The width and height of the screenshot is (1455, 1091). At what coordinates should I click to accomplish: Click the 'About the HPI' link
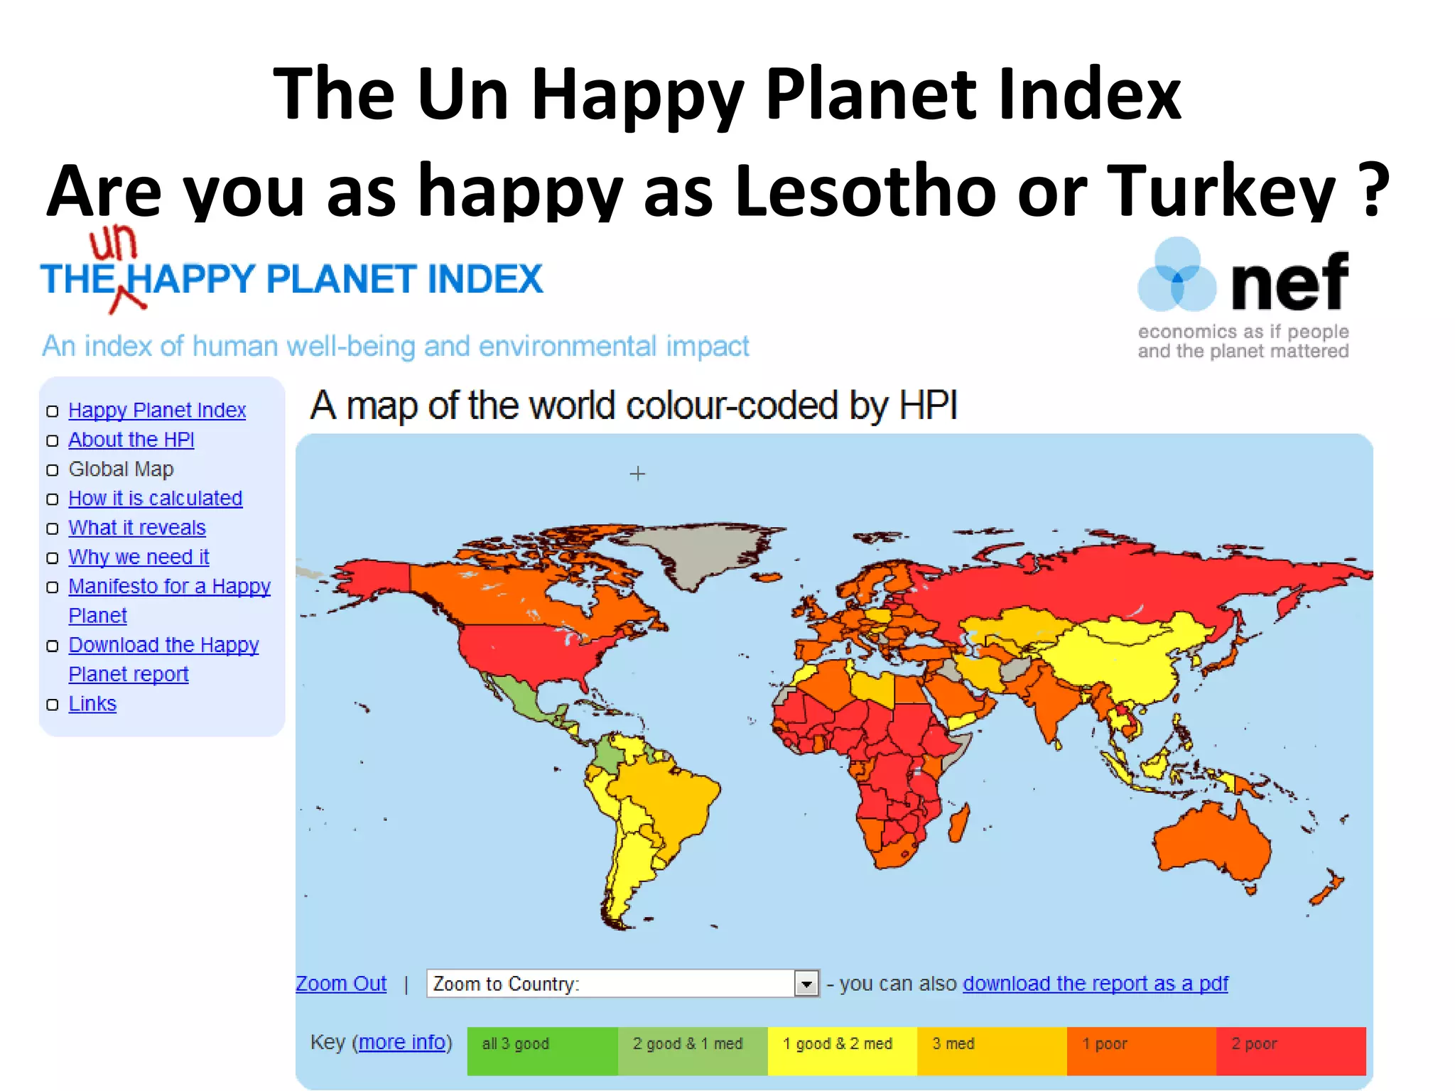(131, 440)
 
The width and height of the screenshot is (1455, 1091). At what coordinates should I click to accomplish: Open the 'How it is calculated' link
(155, 499)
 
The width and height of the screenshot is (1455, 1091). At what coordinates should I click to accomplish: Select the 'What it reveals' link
(136, 528)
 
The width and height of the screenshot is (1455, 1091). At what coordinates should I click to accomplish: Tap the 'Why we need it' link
(139, 557)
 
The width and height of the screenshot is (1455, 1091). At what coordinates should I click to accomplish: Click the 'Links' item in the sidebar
(92, 704)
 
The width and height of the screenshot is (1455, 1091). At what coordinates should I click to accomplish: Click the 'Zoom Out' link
(341, 984)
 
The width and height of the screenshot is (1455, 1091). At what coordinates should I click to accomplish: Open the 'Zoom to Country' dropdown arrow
(806, 984)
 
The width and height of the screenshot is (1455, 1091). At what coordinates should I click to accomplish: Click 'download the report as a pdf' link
(1095, 984)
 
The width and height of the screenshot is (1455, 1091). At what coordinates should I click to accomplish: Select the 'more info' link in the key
(402, 1042)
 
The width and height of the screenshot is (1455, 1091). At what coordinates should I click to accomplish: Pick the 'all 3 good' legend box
(542, 1051)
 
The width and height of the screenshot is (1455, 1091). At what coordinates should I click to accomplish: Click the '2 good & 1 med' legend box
(692, 1051)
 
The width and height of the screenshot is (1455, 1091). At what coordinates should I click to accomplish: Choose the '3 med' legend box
(991, 1051)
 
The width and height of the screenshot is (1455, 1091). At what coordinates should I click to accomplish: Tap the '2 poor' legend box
(1291, 1051)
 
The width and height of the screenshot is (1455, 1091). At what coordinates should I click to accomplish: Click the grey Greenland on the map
(689, 554)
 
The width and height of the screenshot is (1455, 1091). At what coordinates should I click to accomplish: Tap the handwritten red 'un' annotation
(113, 244)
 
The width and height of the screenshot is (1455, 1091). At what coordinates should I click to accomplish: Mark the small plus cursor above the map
(637, 474)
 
